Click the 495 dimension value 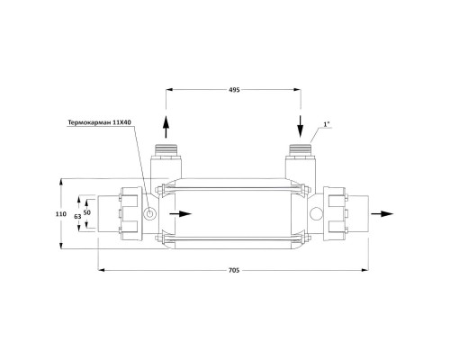(234, 90)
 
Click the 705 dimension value (234, 270)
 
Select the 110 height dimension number (61, 214)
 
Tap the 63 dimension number (77, 216)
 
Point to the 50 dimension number (87, 212)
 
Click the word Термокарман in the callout (90, 122)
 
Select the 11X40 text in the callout (122, 122)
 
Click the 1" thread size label (327, 124)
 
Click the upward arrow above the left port (166, 127)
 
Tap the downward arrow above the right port (301, 126)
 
